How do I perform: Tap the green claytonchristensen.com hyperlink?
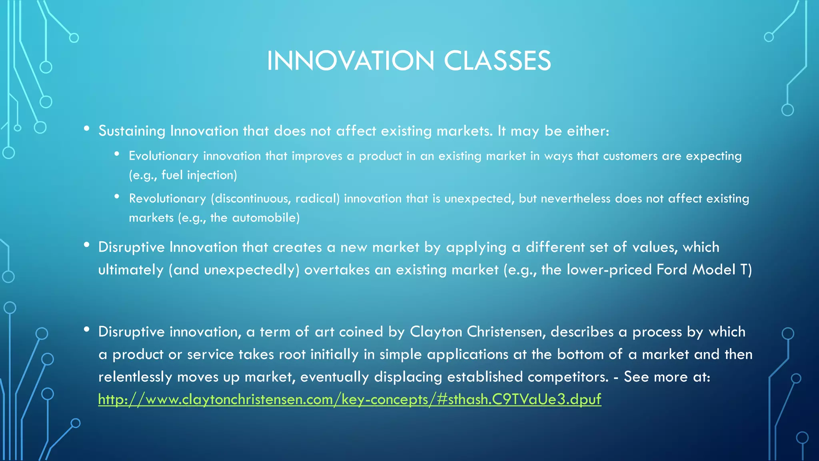(350, 399)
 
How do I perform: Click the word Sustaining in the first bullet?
(132, 131)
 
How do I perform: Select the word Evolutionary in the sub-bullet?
(163, 156)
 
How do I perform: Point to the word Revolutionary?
(167, 198)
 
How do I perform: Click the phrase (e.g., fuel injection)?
(183, 175)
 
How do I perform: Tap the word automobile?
(266, 218)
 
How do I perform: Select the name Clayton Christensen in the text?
(476, 332)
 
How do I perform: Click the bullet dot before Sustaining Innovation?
(86, 128)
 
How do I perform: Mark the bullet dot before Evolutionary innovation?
(117, 154)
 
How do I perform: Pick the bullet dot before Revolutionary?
(117, 196)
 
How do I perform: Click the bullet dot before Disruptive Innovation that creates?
(86, 245)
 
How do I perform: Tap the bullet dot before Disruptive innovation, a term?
(86, 329)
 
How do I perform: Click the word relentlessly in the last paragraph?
(135, 377)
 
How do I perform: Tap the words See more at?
(667, 377)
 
